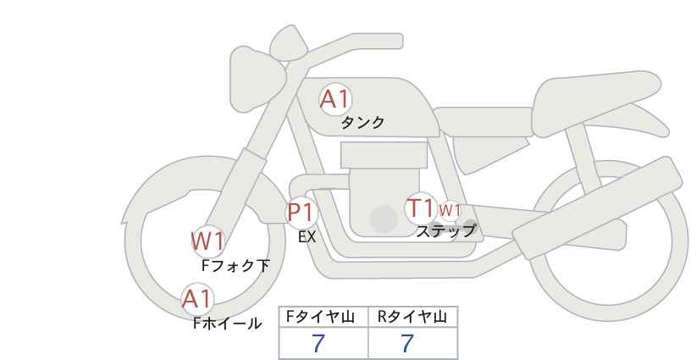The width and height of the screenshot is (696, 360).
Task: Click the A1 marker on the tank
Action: coord(335,99)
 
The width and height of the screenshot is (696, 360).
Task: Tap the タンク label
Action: coord(362,122)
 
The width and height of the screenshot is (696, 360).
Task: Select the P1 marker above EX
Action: coord(301,212)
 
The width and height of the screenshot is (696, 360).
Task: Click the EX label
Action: coord(307,237)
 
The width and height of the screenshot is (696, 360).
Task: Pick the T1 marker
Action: coord(420,208)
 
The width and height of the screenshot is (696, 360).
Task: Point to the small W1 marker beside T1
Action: coord(450,209)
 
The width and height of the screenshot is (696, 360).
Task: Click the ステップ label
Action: coord(445,230)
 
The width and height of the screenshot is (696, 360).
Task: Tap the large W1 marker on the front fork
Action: coord(207,241)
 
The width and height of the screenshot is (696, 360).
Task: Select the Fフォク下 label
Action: coord(235,265)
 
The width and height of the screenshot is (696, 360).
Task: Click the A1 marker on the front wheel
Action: coord(198,299)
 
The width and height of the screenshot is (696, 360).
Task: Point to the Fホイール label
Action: coord(227,324)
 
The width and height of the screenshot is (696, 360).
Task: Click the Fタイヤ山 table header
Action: coord(320,317)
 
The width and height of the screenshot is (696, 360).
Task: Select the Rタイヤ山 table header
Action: coord(412,317)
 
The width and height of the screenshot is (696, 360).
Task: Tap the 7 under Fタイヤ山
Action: coord(318,343)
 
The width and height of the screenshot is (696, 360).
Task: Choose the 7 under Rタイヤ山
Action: coord(407,343)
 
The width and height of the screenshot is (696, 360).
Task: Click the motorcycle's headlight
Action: coord(257,79)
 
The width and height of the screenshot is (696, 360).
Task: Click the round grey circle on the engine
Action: coord(384,219)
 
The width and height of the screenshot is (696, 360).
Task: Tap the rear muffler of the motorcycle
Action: coord(597,208)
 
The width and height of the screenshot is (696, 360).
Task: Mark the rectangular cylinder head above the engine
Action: coord(384,155)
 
